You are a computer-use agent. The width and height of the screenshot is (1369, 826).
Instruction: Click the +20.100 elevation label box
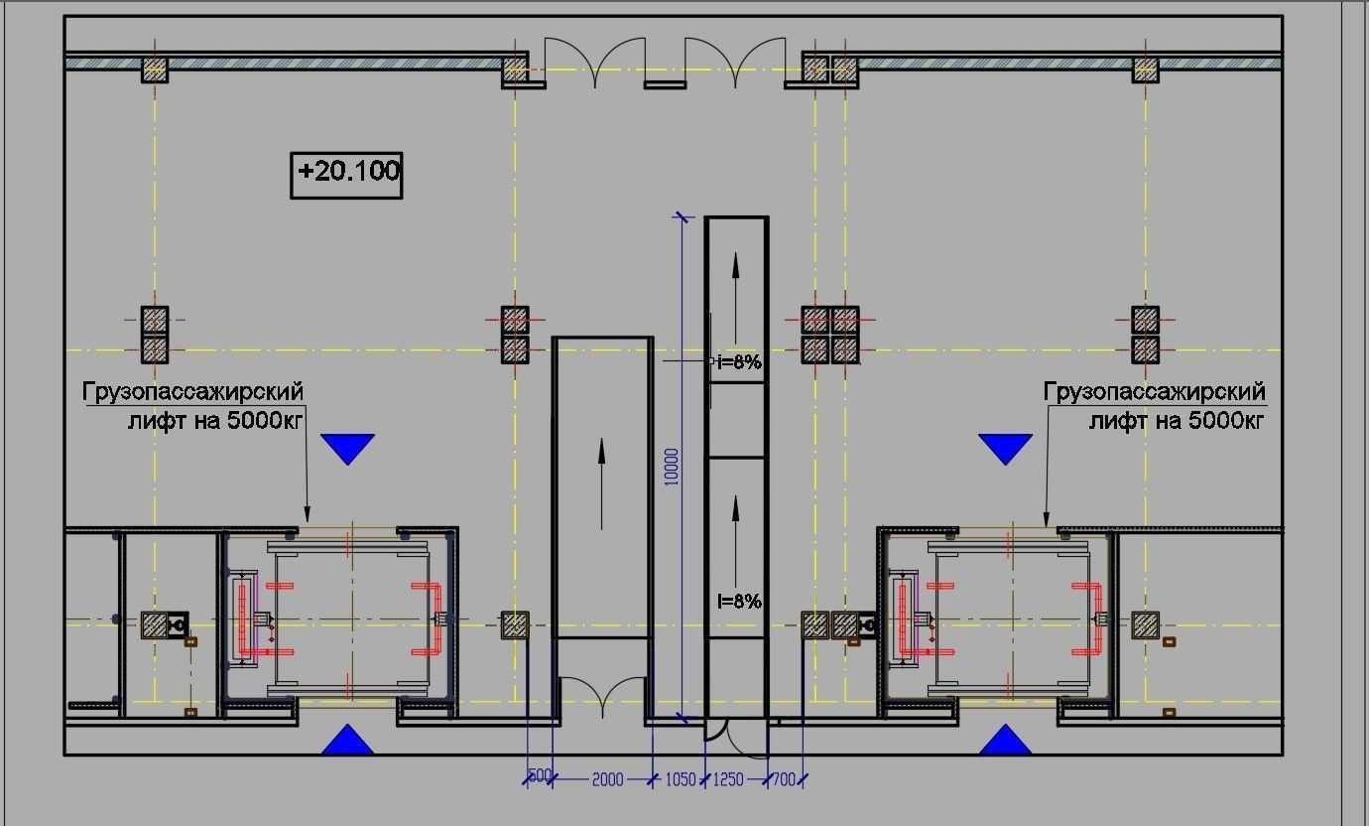346,175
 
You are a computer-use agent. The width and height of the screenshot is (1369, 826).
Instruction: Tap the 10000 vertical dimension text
671,467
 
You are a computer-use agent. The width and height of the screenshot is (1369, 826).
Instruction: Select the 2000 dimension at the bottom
607,779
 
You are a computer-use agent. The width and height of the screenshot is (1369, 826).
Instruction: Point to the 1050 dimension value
681,779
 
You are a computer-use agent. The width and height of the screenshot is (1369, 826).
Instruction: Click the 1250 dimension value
728,779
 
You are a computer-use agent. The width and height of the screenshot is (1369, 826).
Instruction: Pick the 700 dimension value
784,779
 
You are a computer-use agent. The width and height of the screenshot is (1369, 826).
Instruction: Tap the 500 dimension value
540,775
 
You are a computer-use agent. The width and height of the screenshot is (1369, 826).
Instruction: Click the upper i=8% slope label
739,362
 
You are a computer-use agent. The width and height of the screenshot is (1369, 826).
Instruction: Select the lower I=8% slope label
739,602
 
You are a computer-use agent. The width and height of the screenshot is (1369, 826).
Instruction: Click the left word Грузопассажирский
192,392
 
